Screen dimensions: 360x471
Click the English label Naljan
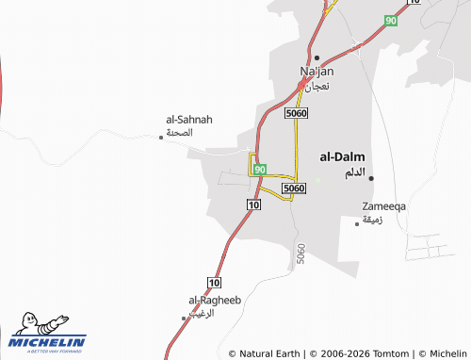[317, 71]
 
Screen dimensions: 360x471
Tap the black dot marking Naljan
[317, 57]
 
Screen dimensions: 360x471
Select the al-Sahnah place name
[189, 120]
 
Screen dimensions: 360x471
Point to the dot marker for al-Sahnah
[161, 138]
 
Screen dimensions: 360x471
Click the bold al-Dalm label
[343, 157]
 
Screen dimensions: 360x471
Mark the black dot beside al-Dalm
[371, 177]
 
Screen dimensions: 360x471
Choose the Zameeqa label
[384, 205]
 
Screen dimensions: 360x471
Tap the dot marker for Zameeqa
[357, 223]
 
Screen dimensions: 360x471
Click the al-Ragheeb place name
[215, 300]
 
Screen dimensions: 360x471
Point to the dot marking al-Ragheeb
[184, 319]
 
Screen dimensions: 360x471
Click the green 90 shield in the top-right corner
[391, 20]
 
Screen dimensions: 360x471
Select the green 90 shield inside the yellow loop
[260, 169]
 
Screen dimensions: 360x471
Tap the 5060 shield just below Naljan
[296, 113]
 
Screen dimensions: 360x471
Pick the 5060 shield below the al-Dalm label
[294, 188]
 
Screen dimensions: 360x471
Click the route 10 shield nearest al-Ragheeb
[215, 282]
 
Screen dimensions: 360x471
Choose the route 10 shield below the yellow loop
[253, 205]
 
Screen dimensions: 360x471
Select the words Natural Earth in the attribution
[269, 353]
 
